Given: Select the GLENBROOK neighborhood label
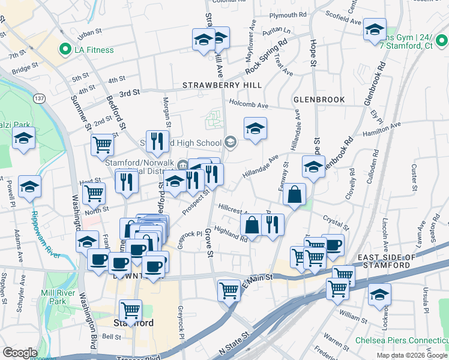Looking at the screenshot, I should point(319,99).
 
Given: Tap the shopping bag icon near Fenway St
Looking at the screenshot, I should point(295,194).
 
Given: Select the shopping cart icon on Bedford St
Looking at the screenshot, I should point(103,144).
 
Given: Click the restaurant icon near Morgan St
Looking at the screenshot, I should point(157,141).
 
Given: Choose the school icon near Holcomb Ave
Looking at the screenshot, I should point(255,128).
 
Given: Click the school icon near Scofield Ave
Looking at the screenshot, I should point(375,30).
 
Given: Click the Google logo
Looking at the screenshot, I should point(20,352).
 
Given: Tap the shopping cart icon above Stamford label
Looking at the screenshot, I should point(130,310).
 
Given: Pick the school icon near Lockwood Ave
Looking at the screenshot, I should point(379,295).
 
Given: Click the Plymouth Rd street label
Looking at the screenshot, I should point(288,15).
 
